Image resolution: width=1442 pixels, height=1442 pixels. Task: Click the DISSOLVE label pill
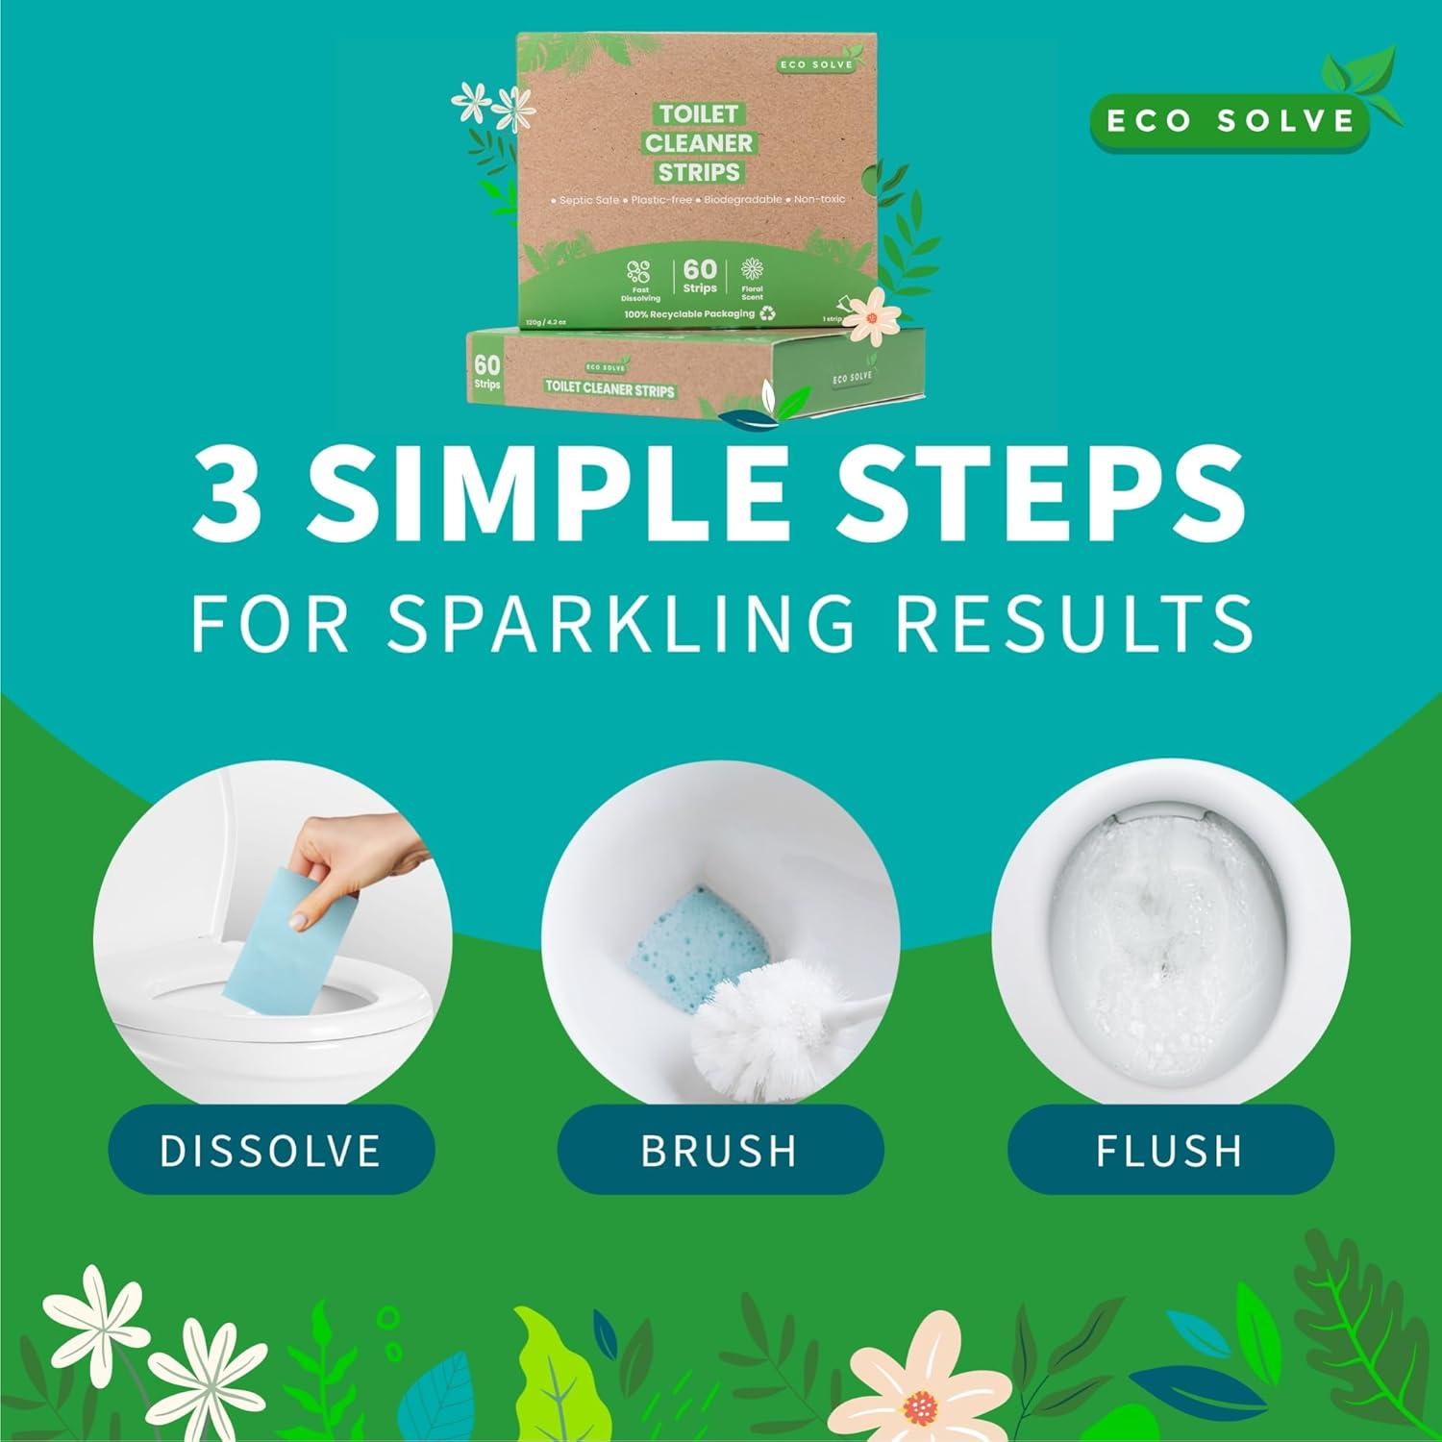[x=270, y=1150]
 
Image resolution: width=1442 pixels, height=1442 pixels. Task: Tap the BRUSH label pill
[x=720, y=1150]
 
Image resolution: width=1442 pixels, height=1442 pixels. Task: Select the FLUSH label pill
[x=1170, y=1150]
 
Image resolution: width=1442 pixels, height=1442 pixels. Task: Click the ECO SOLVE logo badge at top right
[x=1231, y=121]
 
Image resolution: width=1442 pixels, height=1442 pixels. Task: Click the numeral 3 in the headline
[x=229, y=493]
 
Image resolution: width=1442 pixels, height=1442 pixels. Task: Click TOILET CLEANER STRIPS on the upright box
[x=699, y=143]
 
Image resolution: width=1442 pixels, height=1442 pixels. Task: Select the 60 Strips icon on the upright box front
[x=699, y=276]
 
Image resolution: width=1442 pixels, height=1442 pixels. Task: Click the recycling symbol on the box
[x=767, y=313]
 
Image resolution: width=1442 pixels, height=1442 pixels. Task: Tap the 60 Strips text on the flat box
[x=487, y=373]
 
